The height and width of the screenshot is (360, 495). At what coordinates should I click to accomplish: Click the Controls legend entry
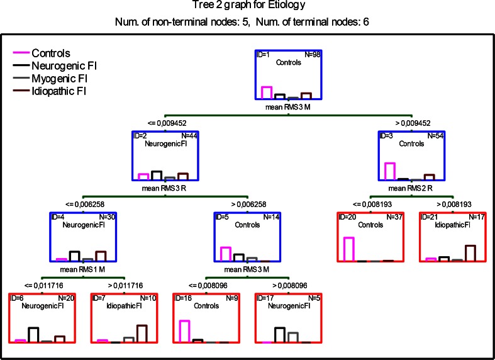pyautogui.click(x=51, y=53)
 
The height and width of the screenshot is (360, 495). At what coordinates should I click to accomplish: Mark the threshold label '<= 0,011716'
pyautogui.click(x=42, y=284)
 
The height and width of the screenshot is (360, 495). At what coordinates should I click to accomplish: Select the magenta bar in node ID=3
pyautogui.click(x=390, y=171)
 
